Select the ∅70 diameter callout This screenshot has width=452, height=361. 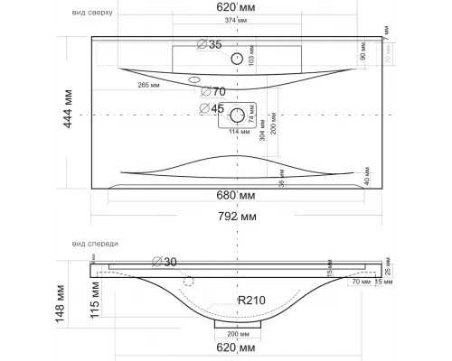213,91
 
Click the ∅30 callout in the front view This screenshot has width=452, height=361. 165,261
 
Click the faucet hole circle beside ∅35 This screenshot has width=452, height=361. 238,59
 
